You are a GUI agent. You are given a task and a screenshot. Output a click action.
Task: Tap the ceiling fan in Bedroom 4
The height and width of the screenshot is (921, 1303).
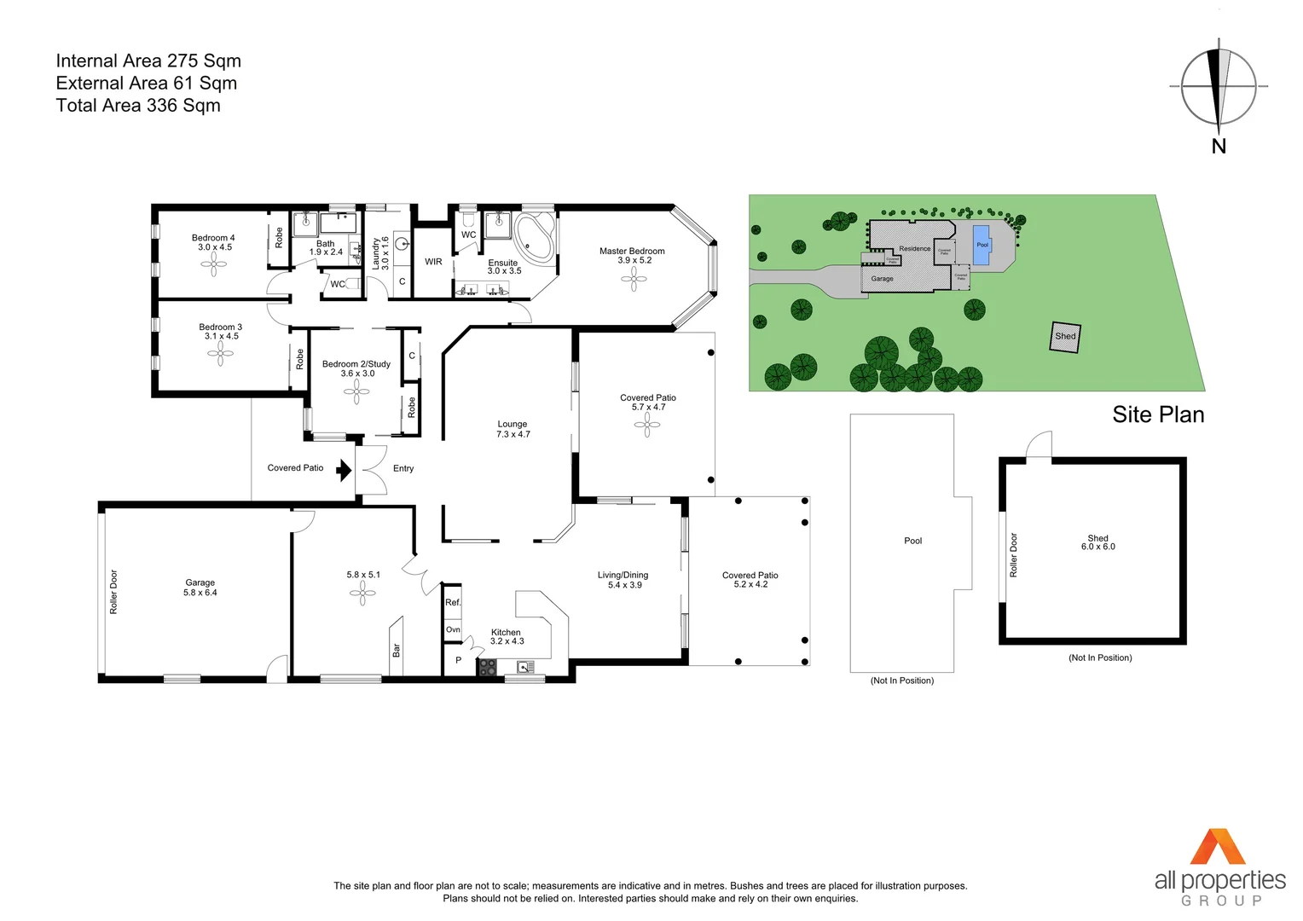pos(214,264)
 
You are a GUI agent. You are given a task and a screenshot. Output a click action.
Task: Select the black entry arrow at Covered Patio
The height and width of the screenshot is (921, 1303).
pos(344,470)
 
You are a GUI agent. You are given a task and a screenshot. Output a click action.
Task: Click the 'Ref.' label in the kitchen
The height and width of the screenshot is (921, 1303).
pos(453,602)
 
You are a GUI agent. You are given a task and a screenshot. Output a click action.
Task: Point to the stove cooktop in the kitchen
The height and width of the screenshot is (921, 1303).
pos(486,668)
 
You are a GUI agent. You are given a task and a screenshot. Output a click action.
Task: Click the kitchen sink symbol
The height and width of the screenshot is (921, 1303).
pos(525,667)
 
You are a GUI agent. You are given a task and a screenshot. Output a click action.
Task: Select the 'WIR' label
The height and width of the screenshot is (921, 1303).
pos(433,262)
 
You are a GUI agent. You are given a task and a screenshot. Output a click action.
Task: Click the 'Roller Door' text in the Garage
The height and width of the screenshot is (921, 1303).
pos(113,592)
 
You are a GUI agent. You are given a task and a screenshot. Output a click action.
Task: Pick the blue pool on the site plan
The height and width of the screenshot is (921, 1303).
pos(982,244)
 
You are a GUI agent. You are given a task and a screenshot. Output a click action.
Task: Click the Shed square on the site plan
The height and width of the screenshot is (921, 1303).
pos(1065,337)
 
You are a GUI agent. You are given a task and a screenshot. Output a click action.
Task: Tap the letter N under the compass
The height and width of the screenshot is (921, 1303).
pos(1219,147)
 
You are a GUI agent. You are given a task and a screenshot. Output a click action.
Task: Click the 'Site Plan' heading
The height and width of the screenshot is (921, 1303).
pos(1158,415)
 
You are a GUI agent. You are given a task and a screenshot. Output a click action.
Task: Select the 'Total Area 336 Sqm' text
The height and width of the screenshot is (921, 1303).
pos(138,106)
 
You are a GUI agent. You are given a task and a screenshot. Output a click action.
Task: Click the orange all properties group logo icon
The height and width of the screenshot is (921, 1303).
pos(1218,847)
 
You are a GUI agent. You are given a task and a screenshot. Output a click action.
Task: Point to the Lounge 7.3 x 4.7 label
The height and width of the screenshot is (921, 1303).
pos(513,429)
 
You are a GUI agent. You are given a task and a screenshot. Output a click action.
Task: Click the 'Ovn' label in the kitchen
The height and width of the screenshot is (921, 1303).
pos(453,629)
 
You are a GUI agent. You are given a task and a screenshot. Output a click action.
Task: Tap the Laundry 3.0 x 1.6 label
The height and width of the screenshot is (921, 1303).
pos(380,253)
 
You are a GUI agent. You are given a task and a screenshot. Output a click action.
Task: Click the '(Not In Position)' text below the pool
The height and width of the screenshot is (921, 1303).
pos(901,681)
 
